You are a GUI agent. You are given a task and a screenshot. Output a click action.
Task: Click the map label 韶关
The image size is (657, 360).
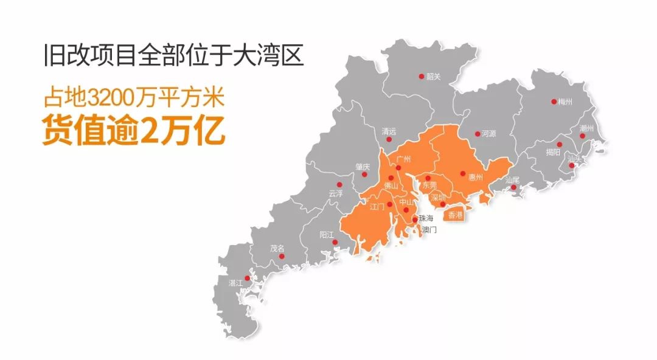(433, 77)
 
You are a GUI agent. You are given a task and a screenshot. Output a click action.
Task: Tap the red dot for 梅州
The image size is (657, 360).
(554, 102)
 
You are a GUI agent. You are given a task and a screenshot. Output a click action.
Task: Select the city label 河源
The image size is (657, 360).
(488, 134)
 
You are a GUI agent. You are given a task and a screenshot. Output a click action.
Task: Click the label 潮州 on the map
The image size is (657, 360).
(587, 128)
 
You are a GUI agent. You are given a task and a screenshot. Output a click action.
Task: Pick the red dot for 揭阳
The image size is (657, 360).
(559, 144)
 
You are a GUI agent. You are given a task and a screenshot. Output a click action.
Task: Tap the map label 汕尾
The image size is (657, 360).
(512, 180)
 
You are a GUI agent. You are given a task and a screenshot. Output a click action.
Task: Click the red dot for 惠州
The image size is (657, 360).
(463, 173)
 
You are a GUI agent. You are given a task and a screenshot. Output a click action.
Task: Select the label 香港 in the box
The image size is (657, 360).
(455, 215)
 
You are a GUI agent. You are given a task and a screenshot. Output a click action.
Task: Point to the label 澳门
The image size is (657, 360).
(429, 230)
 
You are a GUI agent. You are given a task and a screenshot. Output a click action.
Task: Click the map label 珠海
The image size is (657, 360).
(426, 218)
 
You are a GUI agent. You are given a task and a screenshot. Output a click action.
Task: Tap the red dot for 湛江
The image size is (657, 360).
(247, 278)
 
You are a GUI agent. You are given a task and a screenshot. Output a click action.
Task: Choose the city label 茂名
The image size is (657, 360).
(277, 248)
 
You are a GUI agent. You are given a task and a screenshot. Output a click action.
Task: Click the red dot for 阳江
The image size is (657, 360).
(335, 243)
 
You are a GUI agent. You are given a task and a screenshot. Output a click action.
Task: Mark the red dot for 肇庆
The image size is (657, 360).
(364, 174)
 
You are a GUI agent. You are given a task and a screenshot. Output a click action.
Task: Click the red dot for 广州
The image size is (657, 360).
(398, 167)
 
